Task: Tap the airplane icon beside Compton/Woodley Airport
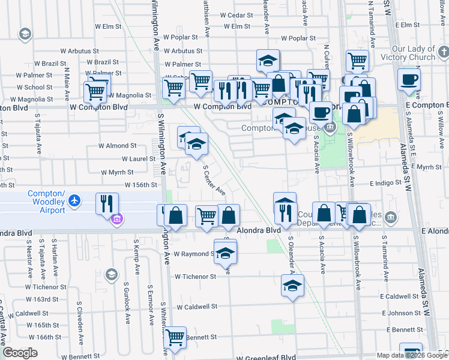74,200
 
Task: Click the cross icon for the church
442,52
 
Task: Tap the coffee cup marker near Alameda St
409,79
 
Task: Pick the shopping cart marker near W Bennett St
175,338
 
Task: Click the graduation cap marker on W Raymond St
225,251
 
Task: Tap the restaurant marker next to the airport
106,203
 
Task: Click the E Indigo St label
385,182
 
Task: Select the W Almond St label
118,145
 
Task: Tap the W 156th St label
140,185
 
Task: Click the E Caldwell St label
399,296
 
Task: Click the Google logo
20,353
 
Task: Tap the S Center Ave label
214,181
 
